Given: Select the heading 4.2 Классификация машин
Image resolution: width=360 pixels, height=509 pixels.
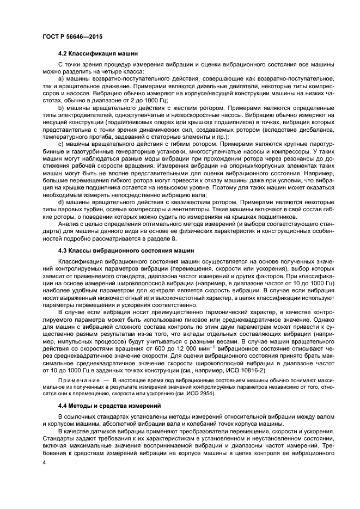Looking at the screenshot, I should [98, 53].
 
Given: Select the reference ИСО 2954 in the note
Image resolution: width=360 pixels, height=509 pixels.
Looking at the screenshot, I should [198, 393].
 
